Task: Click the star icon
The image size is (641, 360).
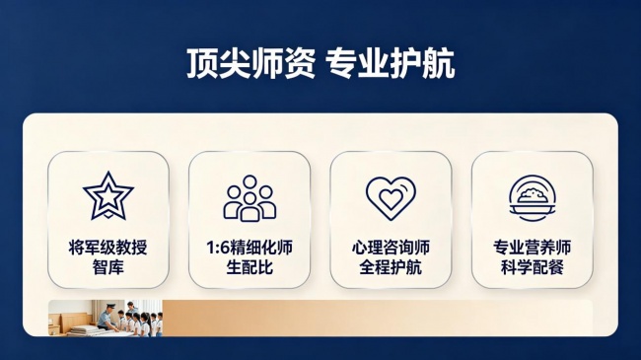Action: [107, 195]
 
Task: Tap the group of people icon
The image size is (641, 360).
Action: [249, 198]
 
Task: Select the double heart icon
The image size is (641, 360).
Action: [391, 198]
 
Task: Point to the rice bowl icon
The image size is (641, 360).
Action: [533, 198]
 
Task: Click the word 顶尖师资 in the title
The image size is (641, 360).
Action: [251, 63]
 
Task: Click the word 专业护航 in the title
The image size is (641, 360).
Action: [390, 63]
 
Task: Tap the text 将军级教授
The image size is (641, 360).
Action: [107, 248]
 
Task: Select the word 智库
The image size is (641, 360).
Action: [107, 267]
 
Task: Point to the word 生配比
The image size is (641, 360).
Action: [249, 267]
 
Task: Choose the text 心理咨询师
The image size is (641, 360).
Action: [391, 248]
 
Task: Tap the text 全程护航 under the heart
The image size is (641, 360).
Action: [391, 267]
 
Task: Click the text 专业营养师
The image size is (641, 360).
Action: [533, 248]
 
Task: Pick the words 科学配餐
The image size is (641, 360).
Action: [533, 267]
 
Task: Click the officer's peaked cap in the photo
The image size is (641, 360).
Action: [110, 306]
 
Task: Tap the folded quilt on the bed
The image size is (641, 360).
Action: [84, 330]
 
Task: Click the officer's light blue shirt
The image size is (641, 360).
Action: [106, 319]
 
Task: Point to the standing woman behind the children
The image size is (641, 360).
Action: [131, 309]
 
